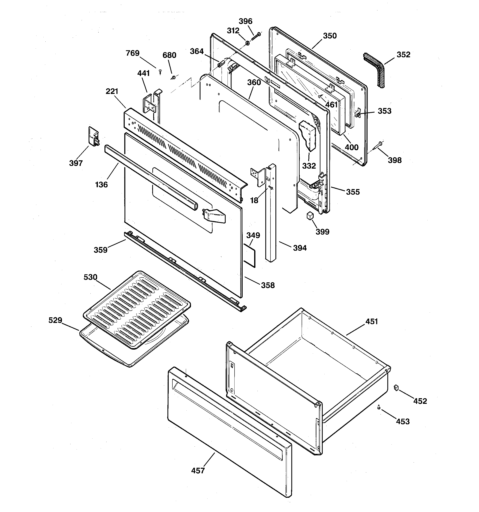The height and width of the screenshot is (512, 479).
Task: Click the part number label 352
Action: pos(403,55)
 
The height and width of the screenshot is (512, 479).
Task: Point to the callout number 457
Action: pos(198,471)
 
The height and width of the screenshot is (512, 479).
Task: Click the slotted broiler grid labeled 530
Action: pos(137,309)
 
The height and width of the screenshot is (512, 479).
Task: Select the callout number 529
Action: pos(55,320)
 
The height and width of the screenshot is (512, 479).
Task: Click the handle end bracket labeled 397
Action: pos(94,137)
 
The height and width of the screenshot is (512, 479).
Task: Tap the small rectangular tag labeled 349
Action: pos(249,255)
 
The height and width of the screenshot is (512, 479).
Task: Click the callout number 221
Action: pos(112,91)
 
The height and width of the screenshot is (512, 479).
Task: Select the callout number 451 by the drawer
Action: pos(371,321)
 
